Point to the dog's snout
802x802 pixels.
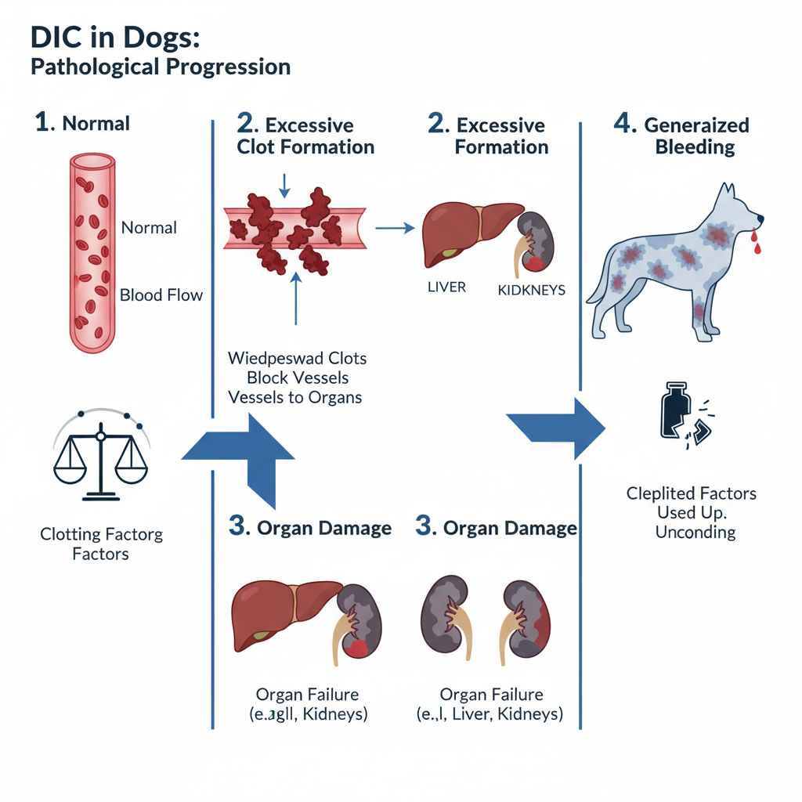(753, 218)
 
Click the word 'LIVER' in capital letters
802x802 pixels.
(446, 287)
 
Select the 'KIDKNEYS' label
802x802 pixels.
(531, 291)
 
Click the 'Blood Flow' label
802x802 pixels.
(161, 295)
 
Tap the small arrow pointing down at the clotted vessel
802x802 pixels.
(284, 184)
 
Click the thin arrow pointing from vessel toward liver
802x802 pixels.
(394, 228)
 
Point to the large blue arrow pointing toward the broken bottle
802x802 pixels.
(557, 427)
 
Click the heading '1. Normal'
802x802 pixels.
(82, 123)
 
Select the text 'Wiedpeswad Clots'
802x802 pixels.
(297, 359)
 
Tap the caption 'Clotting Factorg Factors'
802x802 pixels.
(101, 544)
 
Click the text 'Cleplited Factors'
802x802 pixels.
(691, 494)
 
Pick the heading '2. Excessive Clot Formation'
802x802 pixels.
(305, 135)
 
